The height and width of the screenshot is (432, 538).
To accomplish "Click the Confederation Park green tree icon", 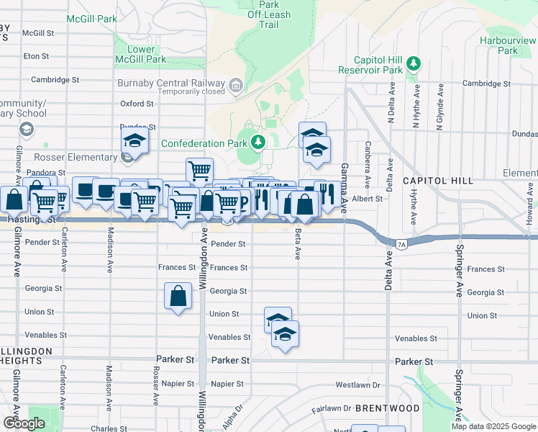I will pos(258,142).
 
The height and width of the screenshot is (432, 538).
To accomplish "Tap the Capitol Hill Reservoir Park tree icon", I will pos(413,63).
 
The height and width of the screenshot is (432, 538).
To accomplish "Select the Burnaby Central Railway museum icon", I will pos(235,87).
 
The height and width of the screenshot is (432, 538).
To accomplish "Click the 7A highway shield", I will pos(401,245).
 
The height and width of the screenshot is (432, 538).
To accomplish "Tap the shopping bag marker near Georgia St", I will pos(178,296).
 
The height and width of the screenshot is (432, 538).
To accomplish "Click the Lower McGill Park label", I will pos(140,55).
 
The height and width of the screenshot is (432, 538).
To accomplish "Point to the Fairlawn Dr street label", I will pos(331,409).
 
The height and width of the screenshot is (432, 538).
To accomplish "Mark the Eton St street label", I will pos(36,55).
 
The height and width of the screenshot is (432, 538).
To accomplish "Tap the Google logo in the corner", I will pos(24,423).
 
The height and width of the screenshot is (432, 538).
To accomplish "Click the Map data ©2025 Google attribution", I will pos(493,426).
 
